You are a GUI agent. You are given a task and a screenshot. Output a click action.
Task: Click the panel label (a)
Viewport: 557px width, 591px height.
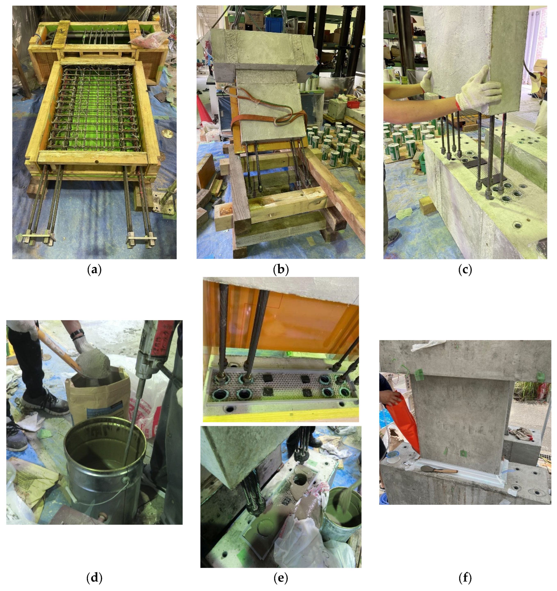[94, 270]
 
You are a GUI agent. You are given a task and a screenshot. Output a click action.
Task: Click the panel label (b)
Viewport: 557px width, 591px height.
[281, 270]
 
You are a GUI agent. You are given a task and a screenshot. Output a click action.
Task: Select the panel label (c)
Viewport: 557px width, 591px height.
[465, 270]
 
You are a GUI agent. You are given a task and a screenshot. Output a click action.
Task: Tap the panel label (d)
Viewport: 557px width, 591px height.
[94, 578]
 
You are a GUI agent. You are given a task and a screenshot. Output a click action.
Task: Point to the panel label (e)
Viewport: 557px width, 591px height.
[281, 578]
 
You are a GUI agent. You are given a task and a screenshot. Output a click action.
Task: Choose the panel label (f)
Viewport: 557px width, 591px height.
[465, 578]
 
